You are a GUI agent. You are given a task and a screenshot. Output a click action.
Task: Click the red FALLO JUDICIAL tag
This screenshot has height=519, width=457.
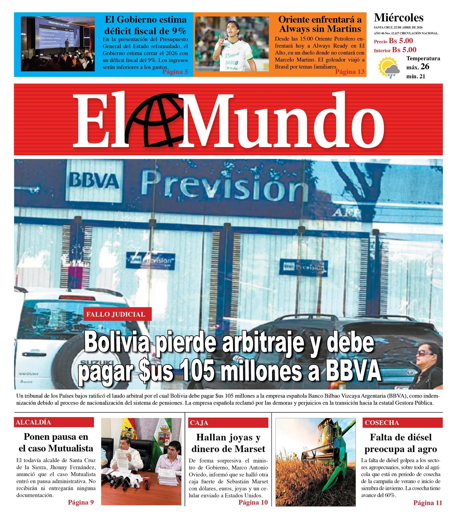click(x=117, y=314)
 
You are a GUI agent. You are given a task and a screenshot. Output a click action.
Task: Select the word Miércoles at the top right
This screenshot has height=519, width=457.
click(x=398, y=18)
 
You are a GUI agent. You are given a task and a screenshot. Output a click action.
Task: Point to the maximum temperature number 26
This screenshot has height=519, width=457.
click(x=425, y=67)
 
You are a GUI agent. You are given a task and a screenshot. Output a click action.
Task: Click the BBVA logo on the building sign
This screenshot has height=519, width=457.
click(x=94, y=181)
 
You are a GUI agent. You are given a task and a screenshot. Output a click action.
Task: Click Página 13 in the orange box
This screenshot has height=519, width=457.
click(x=350, y=72)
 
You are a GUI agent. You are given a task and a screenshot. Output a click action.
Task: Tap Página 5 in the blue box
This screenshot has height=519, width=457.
click(x=175, y=72)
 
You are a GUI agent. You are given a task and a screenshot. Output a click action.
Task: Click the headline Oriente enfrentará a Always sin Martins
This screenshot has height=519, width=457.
click(x=320, y=24)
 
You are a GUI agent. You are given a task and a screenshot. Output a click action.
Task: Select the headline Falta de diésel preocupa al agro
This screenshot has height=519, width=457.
click(x=401, y=443)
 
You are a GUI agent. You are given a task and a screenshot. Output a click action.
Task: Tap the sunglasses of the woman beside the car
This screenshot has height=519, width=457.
click(x=426, y=353)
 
